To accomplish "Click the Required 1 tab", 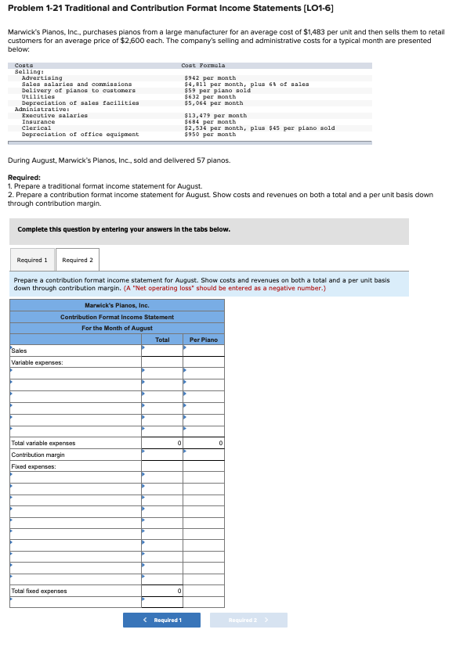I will point(32,260).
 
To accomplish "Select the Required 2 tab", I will point(78,260).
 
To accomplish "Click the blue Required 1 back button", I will point(162,620).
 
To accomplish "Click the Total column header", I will point(162,340).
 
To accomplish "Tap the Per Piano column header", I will point(204,340).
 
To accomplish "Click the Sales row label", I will point(19,351).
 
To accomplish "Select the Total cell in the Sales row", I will point(162,351).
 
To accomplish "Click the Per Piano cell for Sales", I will point(204,351).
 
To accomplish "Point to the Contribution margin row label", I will point(38,455).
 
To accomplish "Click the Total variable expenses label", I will point(43,443).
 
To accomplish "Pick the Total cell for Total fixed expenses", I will point(162,591).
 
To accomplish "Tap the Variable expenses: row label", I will point(37,362).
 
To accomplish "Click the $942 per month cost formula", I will point(210,78).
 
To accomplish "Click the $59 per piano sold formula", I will point(217,91).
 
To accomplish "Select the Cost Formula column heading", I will point(203,66).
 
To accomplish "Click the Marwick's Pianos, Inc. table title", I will point(117,305).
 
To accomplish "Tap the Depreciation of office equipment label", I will point(80,135).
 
